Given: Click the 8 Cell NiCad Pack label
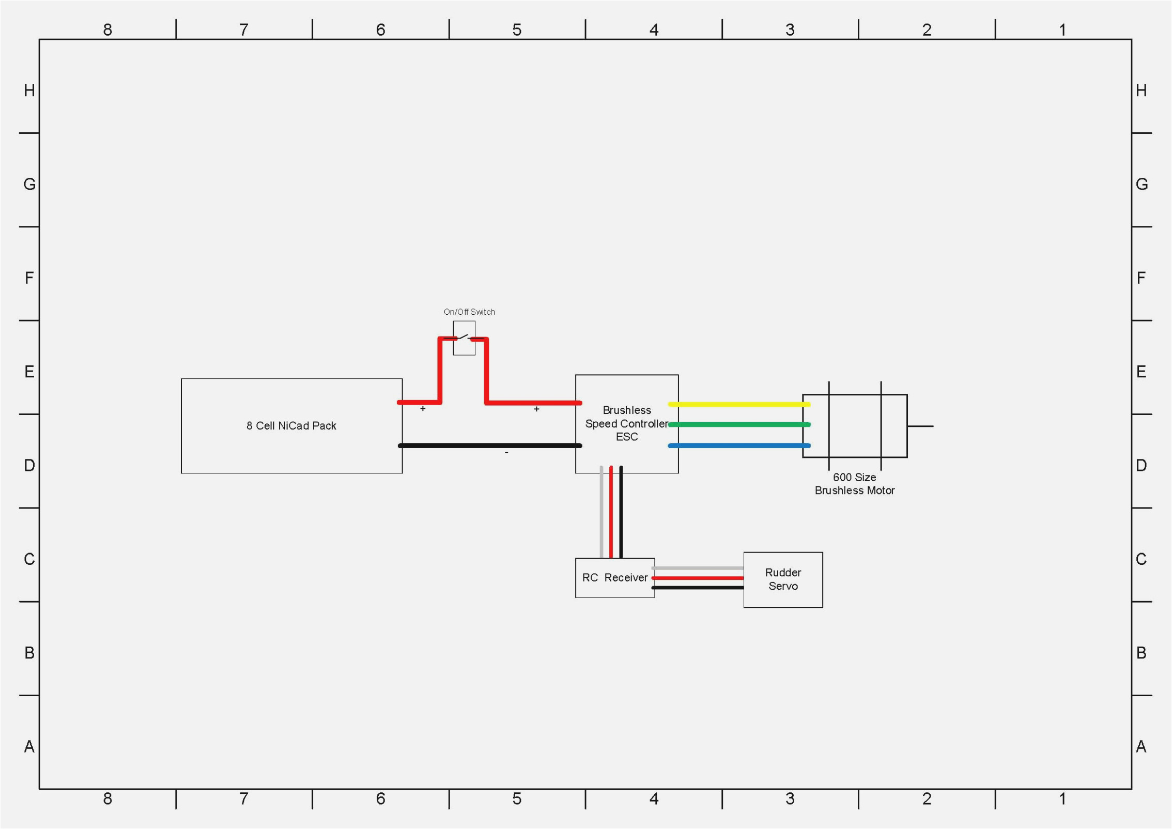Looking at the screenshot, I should tap(291, 425).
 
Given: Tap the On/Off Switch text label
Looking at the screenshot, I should tap(469, 312).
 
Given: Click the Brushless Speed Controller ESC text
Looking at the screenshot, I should tap(626, 423).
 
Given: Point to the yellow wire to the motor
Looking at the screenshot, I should tap(739, 404).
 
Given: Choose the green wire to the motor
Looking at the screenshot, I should tap(739, 424).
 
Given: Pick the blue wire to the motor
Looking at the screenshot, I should tap(739, 445).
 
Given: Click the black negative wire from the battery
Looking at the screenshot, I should tap(489, 445).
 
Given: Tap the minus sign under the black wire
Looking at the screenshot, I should tap(506, 453).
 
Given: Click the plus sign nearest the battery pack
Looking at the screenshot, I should tap(423, 409).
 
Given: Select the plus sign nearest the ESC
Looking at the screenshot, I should tap(536, 409).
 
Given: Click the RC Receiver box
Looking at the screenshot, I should tap(614, 577).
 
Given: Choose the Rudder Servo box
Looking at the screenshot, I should tap(783, 579).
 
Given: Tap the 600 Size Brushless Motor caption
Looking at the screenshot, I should tap(854, 484).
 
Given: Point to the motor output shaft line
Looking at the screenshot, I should tap(920, 426).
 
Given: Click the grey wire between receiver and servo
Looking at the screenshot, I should tap(698, 568).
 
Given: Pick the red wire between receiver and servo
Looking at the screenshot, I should tap(698, 578).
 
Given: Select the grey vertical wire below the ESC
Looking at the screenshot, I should tap(601, 512).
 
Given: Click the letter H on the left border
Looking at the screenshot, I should tap(29, 91).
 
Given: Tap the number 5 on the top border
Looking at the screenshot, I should tap(517, 30).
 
